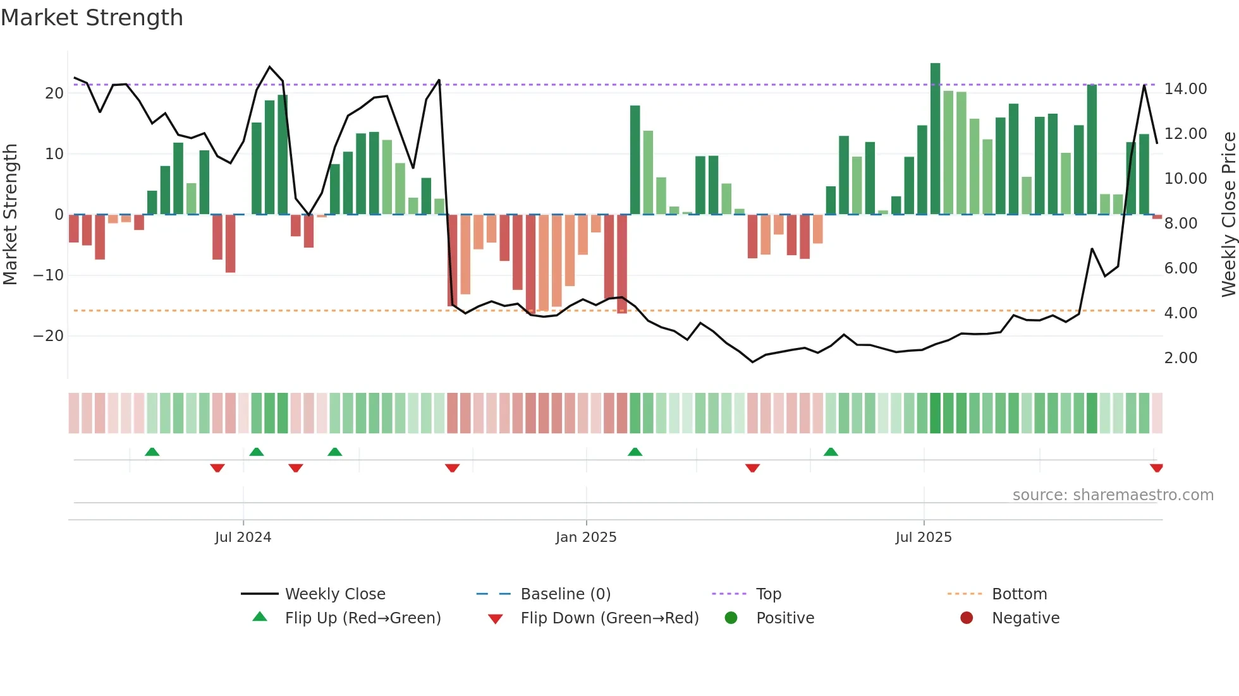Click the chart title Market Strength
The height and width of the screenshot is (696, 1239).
tap(92, 18)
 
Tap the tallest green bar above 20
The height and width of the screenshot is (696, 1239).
tap(935, 139)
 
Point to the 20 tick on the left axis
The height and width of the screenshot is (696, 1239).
tap(54, 93)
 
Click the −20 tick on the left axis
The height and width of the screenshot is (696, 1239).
tap(49, 336)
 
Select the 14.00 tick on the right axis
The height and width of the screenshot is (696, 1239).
tap(1185, 89)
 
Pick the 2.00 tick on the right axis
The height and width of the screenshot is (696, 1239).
tap(1180, 358)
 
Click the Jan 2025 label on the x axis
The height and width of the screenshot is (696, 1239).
tap(586, 537)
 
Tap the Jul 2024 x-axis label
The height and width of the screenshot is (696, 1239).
tap(243, 537)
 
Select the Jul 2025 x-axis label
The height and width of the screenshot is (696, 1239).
tap(923, 537)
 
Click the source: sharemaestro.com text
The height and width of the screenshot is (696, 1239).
tap(1113, 495)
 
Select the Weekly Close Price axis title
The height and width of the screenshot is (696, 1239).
tap(1228, 215)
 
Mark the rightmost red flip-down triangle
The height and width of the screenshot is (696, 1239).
tap(1156, 468)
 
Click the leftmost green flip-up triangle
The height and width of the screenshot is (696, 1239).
tap(152, 452)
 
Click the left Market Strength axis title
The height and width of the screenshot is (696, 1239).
tap(11, 215)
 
